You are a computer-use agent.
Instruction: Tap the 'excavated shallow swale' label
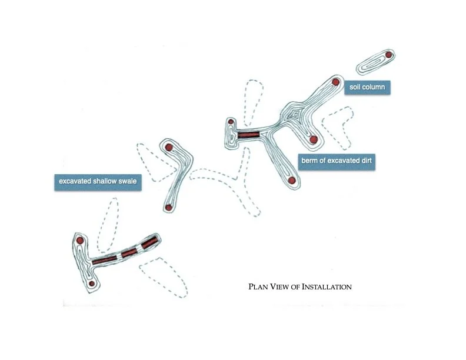96,181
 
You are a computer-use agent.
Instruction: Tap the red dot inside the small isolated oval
388,56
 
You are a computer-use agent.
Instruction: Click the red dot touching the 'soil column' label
335,82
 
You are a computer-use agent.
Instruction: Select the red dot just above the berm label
314,139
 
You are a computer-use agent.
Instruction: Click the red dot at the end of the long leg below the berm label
291,179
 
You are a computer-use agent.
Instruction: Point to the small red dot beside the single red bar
231,122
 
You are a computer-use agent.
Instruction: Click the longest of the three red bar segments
104,259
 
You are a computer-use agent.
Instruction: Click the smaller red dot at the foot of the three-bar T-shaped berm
92,284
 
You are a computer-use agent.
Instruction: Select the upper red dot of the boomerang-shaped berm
169,147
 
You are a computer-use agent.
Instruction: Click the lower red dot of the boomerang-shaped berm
168,207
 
